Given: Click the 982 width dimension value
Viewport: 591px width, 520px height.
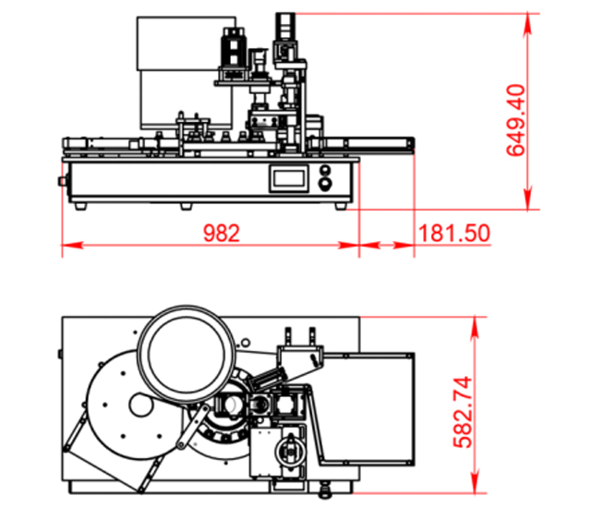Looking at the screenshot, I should pos(221,232).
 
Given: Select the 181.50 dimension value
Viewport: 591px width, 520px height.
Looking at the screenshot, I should pos(453,232).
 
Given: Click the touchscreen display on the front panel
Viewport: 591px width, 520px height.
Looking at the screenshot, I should pos(290,179).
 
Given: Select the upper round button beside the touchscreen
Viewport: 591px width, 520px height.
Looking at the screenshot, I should pos(325,171).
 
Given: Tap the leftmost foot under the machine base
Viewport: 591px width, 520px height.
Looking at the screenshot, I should pos(80,205).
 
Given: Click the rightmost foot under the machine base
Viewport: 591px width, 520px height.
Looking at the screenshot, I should pos(341,205).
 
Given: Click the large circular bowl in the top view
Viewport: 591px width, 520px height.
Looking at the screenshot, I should pos(183,352).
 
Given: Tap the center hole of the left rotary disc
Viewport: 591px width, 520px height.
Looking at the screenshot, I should pos(140,405).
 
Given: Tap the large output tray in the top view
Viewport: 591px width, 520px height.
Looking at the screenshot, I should pos(365,406).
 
